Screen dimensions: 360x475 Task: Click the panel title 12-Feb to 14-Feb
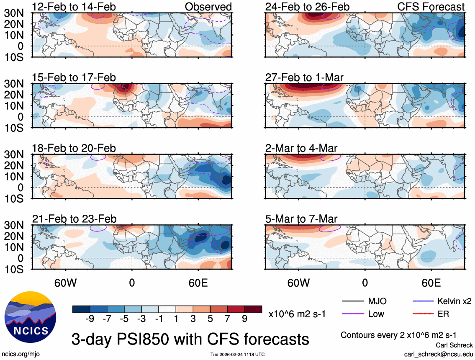(x=74, y=7)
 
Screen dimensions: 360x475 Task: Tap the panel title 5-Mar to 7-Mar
(x=301, y=219)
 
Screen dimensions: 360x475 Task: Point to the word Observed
(x=208, y=7)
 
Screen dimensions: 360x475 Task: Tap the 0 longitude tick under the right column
(x=365, y=282)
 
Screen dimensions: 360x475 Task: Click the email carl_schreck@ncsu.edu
(x=438, y=354)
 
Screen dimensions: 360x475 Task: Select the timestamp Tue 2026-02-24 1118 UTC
(x=237, y=355)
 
